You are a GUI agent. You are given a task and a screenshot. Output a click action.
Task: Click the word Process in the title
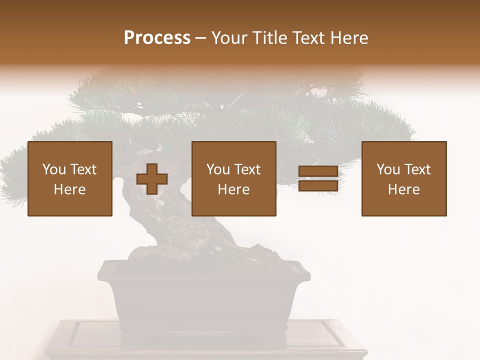(x=157, y=38)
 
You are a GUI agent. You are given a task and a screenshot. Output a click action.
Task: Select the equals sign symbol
(x=318, y=178)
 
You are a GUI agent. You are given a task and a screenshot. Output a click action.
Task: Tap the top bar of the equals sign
(x=318, y=171)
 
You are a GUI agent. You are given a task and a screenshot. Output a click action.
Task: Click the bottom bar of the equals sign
(x=318, y=186)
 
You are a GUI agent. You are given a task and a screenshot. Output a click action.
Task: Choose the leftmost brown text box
(x=70, y=178)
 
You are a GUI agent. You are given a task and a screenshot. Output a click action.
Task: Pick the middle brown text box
(x=234, y=178)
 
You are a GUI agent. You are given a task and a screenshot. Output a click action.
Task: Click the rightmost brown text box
(x=404, y=178)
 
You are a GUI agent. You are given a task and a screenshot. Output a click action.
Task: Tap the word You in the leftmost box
(x=53, y=169)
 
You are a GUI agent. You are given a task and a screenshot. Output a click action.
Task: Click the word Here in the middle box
(x=234, y=189)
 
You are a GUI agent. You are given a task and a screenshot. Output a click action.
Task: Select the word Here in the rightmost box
(x=404, y=189)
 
